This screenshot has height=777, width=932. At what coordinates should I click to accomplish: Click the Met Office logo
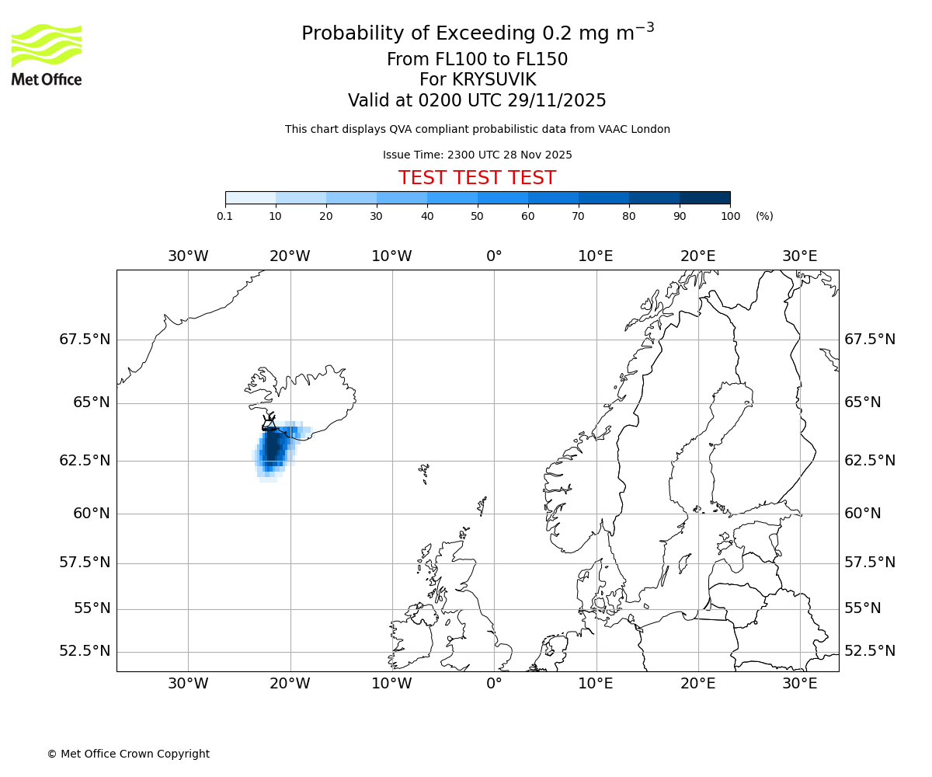(x=47, y=54)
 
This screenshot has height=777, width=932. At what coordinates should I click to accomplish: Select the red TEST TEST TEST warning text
(x=477, y=178)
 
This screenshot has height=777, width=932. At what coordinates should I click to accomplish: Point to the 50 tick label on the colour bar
(x=477, y=216)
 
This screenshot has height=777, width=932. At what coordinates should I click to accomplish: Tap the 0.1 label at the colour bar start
(x=224, y=216)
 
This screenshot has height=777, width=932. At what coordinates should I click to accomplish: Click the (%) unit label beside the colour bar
(x=764, y=216)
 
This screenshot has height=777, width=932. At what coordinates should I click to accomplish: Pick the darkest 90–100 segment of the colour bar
(x=704, y=197)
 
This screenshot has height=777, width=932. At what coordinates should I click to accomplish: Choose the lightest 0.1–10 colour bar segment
(x=250, y=197)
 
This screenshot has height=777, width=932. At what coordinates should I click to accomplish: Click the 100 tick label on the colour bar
(x=730, y=216)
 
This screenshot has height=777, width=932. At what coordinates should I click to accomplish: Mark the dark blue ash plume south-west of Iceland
(x=273, y=448)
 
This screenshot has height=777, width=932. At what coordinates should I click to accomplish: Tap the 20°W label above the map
(x=290, y=256)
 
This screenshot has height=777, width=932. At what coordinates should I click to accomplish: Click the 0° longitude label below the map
(x=494, y=684)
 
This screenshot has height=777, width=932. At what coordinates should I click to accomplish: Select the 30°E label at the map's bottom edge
(x=799, y=684)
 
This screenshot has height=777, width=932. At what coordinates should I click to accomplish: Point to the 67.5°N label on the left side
(x=85, y=340)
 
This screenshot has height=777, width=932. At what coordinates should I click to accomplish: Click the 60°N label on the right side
(x=863, y=514)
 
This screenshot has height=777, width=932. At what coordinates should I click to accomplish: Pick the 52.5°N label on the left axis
(x=85, y=651)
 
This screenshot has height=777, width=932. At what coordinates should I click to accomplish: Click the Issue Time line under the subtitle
(x=477, y=155)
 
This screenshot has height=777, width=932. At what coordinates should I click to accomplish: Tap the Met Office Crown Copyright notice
(x=128, y=754)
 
